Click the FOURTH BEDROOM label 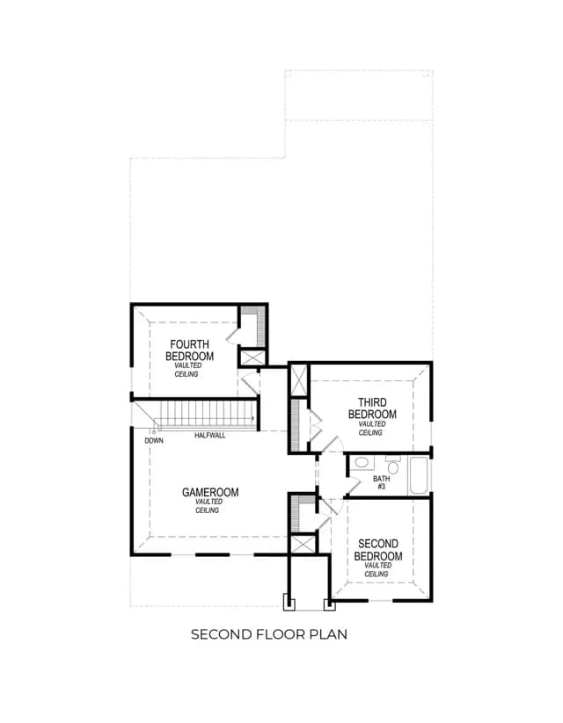click(x=189, y=351)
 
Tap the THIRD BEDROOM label click(x=372, y=408)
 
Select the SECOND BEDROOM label click(x=377, y=550)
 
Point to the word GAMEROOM click(x=210, y=493)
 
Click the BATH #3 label click(x=382, y=482)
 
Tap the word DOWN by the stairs click(x=154, y=441)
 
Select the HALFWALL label click(x=209, y=435)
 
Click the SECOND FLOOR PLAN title click(x=269, y=634)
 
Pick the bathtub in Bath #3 click(x=419, y=475)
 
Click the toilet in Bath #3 click(x=393, y=466)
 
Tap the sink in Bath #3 click(x=362, y=462)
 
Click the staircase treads click(x=206, y=414)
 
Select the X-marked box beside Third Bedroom click(x=298, y=380)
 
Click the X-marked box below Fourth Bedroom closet click(x=252, y=358)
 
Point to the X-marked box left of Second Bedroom click(x=302, y=545)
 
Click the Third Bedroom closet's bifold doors click(x=315, y=424)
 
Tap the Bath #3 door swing click(x=354, y=487)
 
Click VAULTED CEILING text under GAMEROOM click(x=208, y=506)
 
